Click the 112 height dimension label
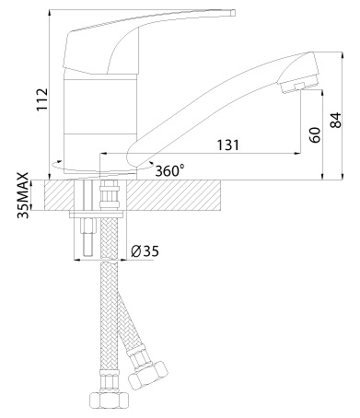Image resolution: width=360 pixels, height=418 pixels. click(42, 99)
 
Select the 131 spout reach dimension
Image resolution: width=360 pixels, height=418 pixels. click(227, 145)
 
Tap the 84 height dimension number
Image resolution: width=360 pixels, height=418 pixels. click(335, 121)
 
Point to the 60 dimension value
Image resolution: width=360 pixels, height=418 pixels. click(315, 135)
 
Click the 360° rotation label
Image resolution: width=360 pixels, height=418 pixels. click(169, 170)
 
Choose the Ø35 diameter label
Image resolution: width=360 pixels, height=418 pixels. click(145, 251)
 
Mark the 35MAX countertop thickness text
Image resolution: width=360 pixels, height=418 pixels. click(23, 195)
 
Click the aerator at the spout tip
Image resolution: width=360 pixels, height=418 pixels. click(293, 87)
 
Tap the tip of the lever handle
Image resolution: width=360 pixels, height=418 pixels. click(233, 13)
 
